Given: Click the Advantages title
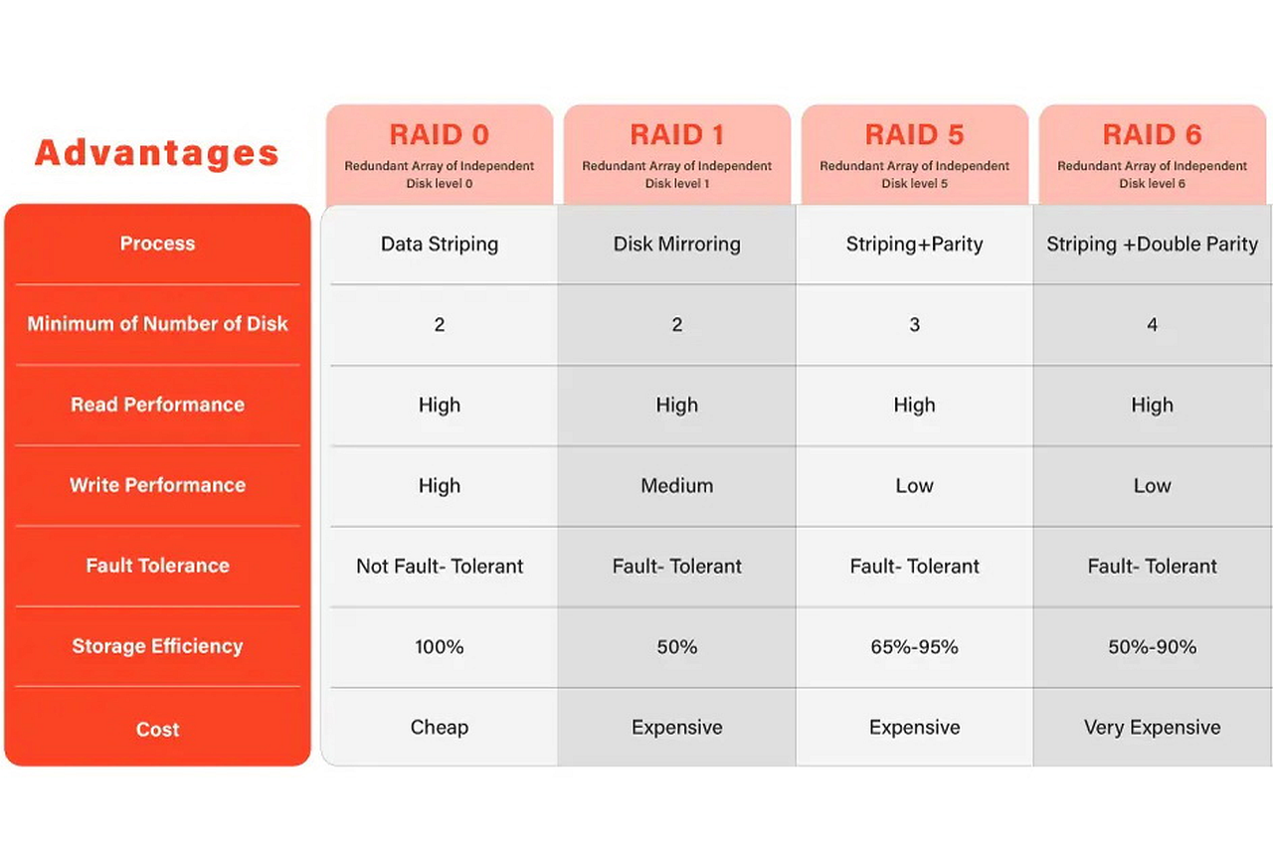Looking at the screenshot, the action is [157, 153].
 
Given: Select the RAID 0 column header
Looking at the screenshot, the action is [440, 134].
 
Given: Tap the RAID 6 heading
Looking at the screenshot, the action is [1152, 134].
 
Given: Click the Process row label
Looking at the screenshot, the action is [157, 244].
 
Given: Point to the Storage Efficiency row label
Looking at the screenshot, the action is [157, 646].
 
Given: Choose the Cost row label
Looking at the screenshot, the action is [157, 729].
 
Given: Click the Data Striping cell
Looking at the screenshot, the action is [440, 245].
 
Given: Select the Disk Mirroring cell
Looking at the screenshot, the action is [677, 245].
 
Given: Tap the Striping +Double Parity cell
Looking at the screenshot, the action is [1152, 245].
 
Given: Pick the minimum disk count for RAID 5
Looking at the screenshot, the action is [914, 324].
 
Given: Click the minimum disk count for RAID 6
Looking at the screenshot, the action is [1152, 324].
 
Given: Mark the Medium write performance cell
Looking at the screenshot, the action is [677, 486].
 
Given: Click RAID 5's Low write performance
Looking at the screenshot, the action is [914, 486].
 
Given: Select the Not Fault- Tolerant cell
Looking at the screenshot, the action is [440, 566].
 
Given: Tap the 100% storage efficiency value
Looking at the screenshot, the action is [440, 647].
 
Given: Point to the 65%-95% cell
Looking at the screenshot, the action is [914, 647].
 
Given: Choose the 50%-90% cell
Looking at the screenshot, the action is [1152, 647].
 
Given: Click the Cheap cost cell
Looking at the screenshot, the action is [440, 728].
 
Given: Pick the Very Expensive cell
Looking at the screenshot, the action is [1152, 728].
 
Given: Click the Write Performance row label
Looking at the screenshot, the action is [157, 485].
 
